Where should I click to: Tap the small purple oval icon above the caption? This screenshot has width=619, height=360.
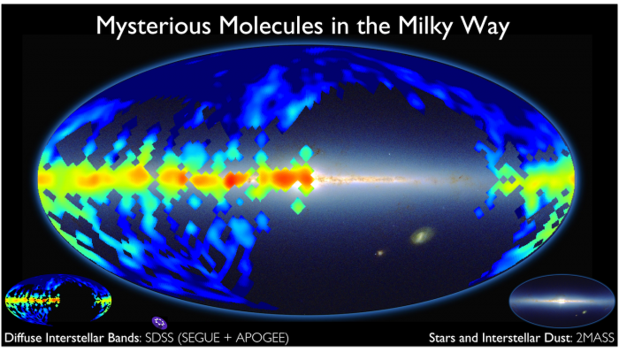pyautogui.click(x=158, y=322)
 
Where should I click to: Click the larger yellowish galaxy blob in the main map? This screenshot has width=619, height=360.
pyautogui.click(x=424, y=236)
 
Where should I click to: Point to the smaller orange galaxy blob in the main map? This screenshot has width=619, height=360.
pyautogui.click(x=380, y=254)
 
